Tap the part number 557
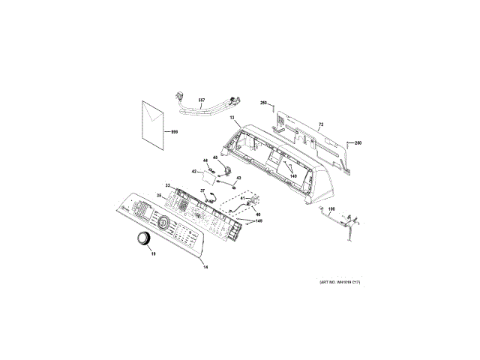click(202, 100)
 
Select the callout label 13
click(232, 118)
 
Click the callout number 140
click(292, 176)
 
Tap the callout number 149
click(259, 221)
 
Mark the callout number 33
click(169, 185)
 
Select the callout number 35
click(159, 196)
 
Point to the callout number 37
click(202, 190)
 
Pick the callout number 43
click(238, 178)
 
